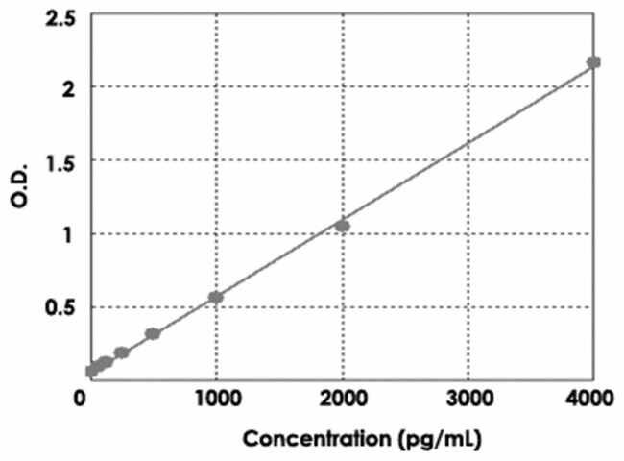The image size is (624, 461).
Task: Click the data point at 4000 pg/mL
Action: tap(593, 62)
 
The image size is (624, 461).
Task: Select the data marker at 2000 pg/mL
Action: tap(342, 226)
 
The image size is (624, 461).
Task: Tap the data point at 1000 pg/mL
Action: tap(216, 297)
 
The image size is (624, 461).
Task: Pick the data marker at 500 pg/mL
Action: tap(153, 333)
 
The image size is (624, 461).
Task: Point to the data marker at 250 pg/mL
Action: tap(122, 352)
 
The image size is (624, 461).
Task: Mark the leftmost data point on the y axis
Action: tap(91, 370)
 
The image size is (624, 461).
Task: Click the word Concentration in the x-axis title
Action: tap(317, 440)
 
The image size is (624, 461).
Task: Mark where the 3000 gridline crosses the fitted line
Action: tap(468, 144)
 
